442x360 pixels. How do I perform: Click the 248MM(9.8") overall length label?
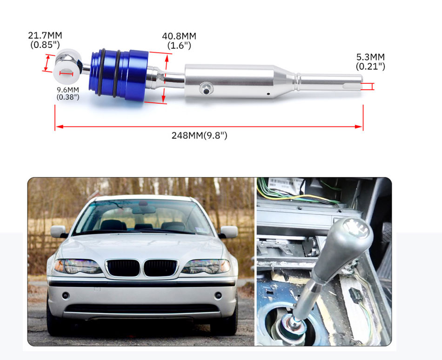click(199, 135)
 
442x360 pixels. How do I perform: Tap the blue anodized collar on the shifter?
click(119, 74)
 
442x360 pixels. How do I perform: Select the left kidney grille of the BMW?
click(123, 267)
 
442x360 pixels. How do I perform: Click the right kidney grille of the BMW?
click(161, 267)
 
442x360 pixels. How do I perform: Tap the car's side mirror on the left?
click(58, 232)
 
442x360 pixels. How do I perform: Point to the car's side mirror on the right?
click(228, 232)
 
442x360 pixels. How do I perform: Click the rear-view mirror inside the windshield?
click(143, 209)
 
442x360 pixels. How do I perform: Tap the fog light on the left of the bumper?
click(66, 295)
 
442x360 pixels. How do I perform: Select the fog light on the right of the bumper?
click(218, 295)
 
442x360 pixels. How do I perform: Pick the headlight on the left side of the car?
click(78, 266)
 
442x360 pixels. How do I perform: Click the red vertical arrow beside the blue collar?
click(166, 78)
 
